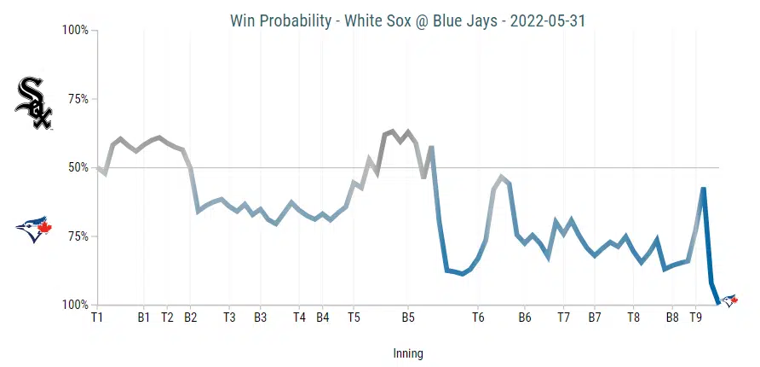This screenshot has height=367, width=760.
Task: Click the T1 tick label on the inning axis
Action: pyautogui.click(x=97, y=317)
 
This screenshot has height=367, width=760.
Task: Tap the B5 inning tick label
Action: pyautogui.click(x=408, y=317)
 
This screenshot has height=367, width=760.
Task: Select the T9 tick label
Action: pyautogui.click(x=695, y=317)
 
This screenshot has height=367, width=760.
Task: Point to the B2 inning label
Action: pyautogui.click(x=190, y=317)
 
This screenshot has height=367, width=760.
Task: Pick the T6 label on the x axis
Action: pyautogui.click(x=478, y=317)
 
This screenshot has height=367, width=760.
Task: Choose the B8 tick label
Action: pyautogui.click(x=672, y=317)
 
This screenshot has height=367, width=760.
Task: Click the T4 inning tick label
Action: pyautogui.click(x=299, y=317)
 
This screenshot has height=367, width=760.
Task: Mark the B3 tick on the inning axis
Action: pyautogui.click(x=260, y=317)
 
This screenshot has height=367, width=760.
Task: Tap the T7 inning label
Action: pyautogui.click(x=563, y=317)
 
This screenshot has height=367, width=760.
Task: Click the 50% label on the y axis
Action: pyautogui.click(x=76, y=167)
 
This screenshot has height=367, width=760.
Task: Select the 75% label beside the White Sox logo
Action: pyautogui.click(x=76, y=99)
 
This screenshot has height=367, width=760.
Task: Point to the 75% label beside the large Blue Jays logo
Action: pyautogui.click(x=76, y=236)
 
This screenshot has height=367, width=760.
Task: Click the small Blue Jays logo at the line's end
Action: pyautogui.click(x=729, y=300)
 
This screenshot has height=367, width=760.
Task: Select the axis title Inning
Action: pyautogui.click(x=408, y=353)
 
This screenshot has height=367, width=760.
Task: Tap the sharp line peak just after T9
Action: pyautogui.click(x=704, y=189)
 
